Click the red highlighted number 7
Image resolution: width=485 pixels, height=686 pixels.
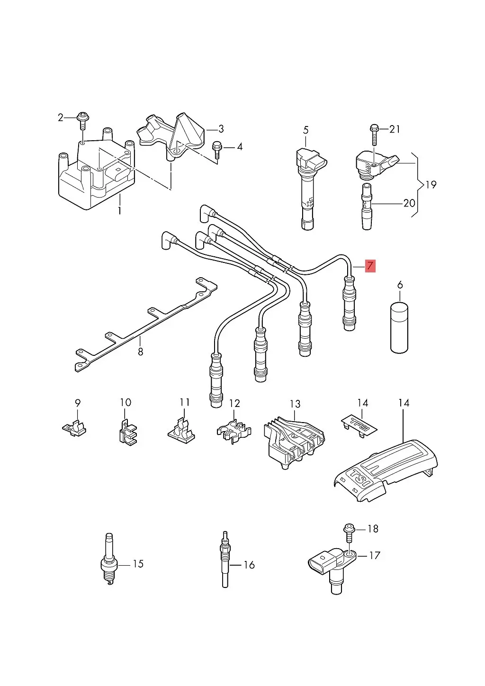[370, 265]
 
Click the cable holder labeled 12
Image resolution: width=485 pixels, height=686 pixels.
[234, 431]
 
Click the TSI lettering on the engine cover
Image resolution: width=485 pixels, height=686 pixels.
[360, 481]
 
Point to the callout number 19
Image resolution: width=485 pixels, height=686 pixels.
[431, 185]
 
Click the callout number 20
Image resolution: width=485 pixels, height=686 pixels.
[409, 203]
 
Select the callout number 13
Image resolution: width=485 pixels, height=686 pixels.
[295, 404]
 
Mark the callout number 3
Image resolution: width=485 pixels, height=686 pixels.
[221, 129]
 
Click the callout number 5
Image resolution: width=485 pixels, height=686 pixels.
[306, 130]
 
